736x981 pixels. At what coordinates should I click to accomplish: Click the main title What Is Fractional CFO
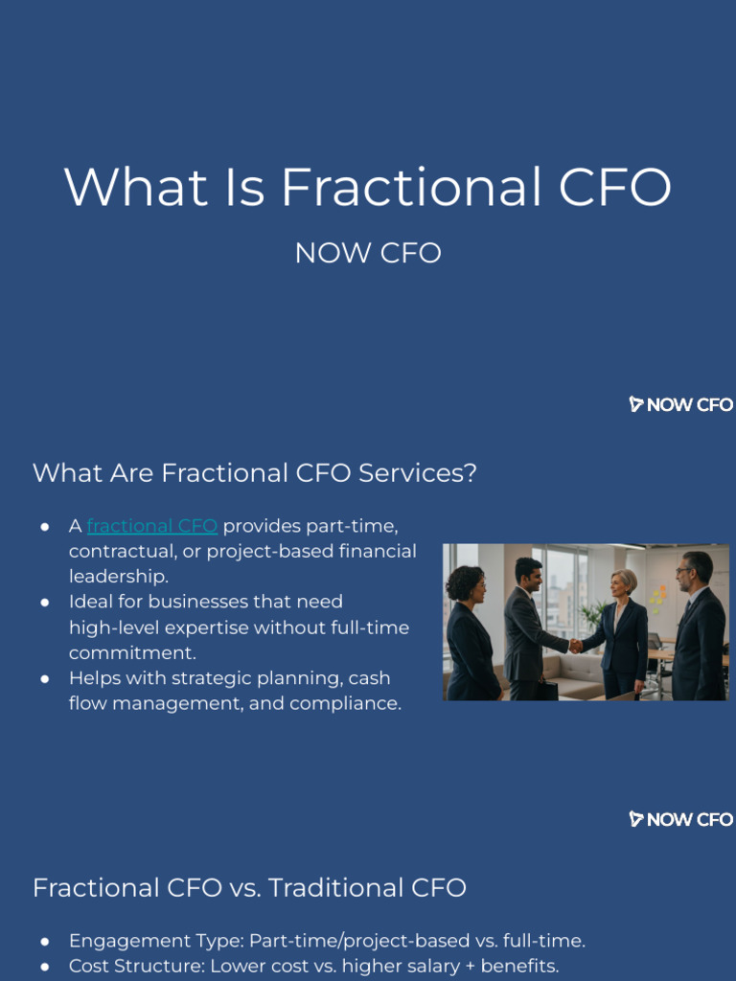click(x=368, y=187)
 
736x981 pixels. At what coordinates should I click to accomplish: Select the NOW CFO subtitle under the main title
click(x=368, y=253)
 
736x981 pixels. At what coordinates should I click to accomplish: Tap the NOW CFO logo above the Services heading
click(x=681, y=404)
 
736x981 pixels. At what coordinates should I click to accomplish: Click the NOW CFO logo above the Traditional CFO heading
click(x=681, y=819)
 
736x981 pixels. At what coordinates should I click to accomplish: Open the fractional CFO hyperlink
click(x=151, y=526)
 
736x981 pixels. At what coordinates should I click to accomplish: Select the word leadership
click(x=118, y=577)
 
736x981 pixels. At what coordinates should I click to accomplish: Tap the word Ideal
click(x=89, y=602)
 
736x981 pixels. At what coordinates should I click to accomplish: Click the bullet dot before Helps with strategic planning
click(x=45, y=678)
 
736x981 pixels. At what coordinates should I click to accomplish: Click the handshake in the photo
click(x=575, y=646)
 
